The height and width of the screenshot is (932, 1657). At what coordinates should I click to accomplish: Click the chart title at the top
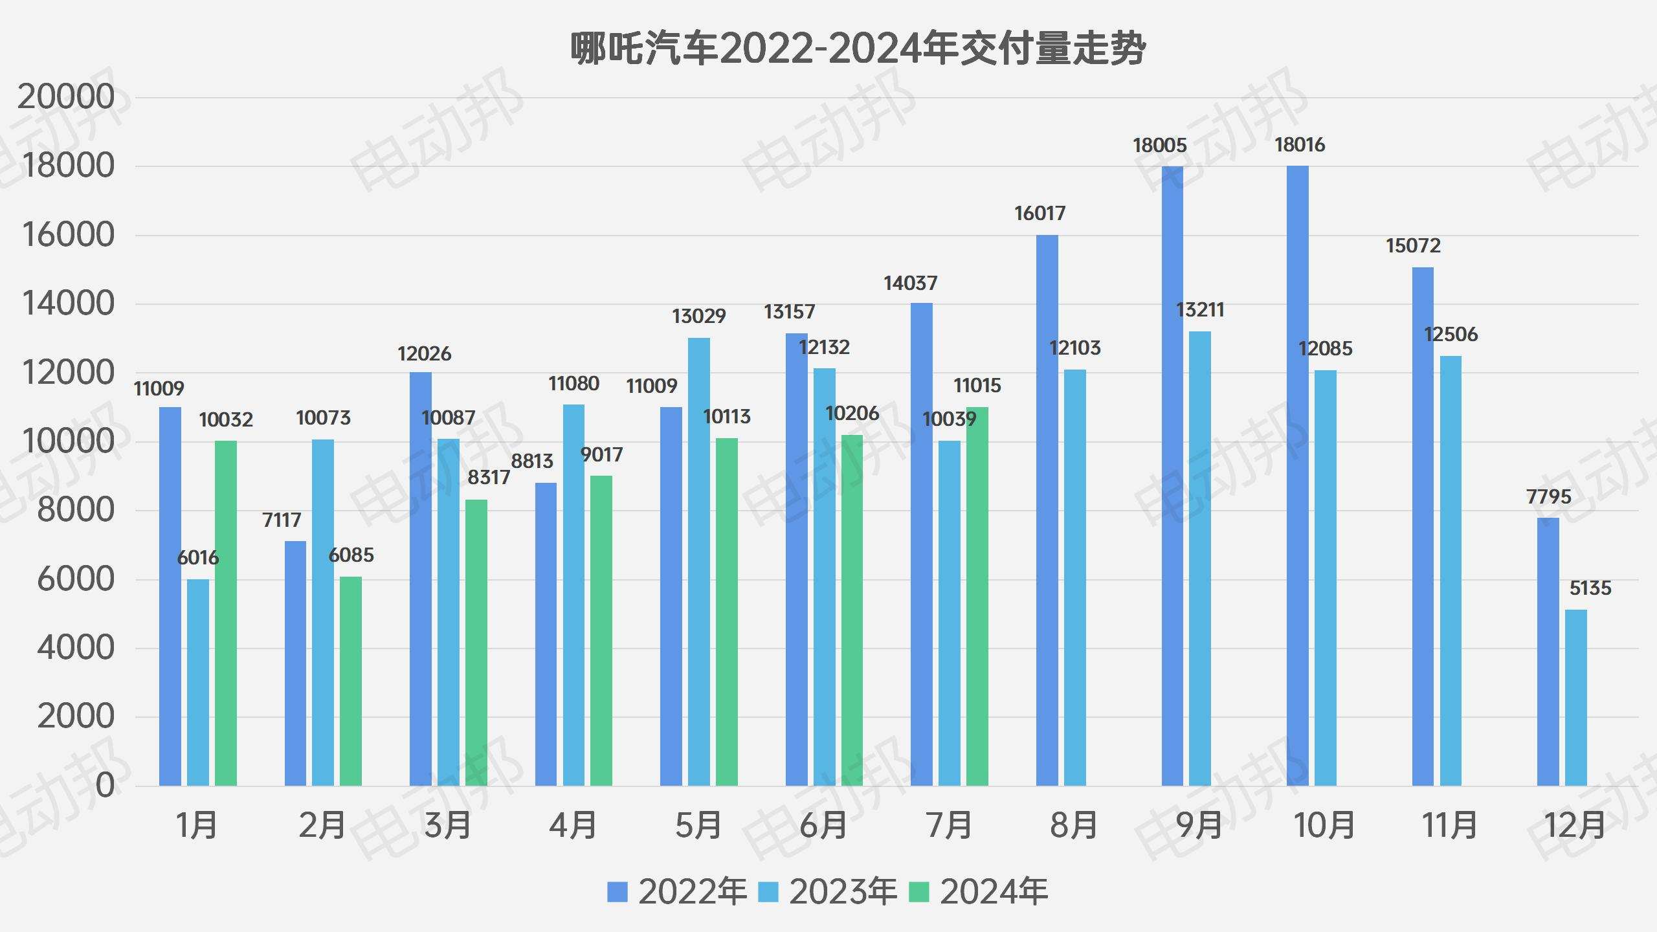(858, 49)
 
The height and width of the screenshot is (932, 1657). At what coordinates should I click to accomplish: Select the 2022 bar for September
(1172, 476)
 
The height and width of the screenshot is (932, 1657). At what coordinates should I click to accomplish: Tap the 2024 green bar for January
(226, 613)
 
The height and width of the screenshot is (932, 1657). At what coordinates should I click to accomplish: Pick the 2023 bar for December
(1576, 698)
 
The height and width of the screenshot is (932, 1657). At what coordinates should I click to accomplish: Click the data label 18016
(1300, 145)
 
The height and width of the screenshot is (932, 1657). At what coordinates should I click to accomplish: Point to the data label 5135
(1590, 588)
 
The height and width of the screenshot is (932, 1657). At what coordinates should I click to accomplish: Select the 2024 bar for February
(351, 681)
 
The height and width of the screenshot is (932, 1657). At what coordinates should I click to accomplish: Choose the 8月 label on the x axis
(1073, 826)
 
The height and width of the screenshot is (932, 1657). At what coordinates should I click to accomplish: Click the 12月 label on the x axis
(1575, 826)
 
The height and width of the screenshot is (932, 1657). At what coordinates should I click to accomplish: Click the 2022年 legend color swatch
(617, 892)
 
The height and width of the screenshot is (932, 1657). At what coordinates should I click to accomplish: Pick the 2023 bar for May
(699, 562)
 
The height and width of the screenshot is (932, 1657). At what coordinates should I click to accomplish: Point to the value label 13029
(698, 316)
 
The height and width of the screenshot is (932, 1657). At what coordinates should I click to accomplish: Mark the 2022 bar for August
(1047, 510)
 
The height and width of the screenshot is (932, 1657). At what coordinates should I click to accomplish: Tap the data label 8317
(489, 478)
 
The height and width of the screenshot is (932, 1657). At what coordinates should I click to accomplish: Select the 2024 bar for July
(977, 596)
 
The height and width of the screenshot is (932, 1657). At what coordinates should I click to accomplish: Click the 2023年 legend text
(843, 892)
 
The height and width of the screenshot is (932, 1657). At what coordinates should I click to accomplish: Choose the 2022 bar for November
(1423, 526)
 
